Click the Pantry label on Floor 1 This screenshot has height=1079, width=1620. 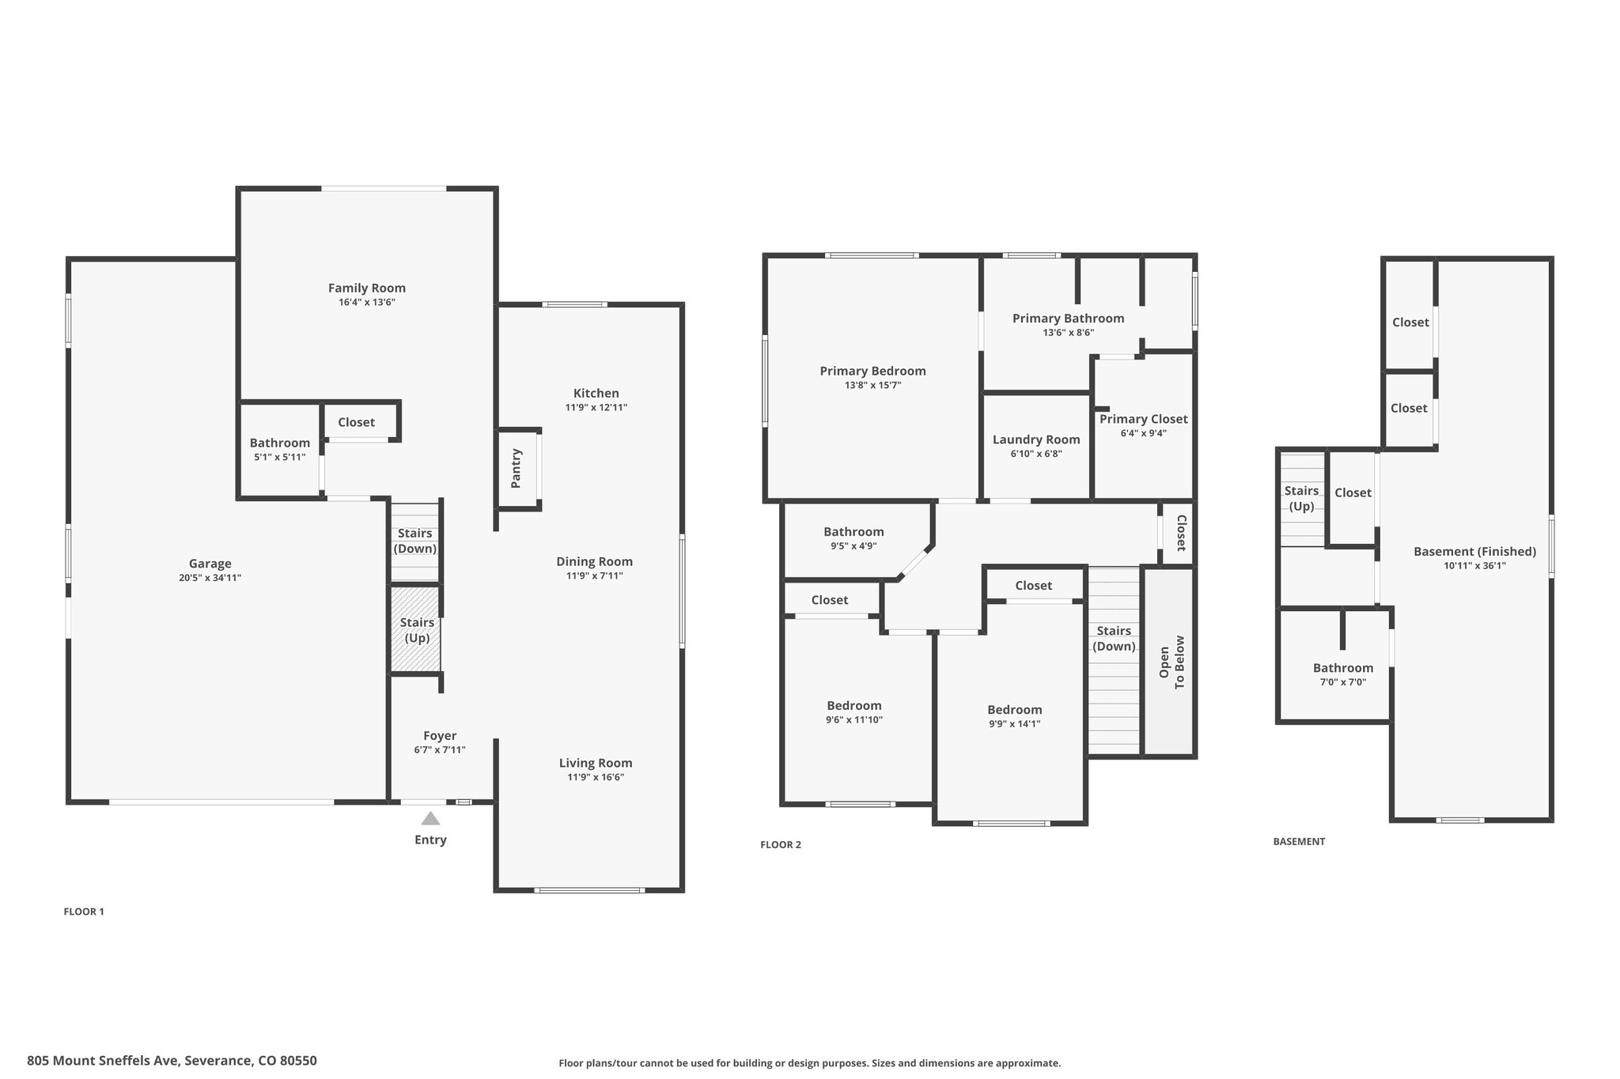[x=516, y=468]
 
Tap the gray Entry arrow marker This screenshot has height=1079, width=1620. [x=430, y=818]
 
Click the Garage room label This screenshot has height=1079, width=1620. [x=210, y=564]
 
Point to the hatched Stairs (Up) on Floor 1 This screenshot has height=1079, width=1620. [x=416, y=629]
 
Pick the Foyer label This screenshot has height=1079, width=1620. [x=440, y=736]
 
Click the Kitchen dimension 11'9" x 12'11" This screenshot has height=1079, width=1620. [x=596, y=408]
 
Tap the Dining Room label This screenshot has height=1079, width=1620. [x=594, y=562]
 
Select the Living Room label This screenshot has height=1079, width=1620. [x=596, y=764]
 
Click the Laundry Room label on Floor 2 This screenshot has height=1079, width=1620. [x=1036, y=440]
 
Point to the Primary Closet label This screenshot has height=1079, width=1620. [x=1144, y=419]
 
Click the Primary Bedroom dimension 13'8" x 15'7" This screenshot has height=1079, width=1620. [x=873, y=386]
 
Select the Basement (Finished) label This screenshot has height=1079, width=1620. [x=1475, y=552]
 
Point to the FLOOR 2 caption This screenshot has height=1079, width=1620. [x=781, y=845]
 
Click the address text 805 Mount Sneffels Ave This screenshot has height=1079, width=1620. [x=104, y=1061]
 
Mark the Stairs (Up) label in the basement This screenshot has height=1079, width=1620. [x=1301, y=499]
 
